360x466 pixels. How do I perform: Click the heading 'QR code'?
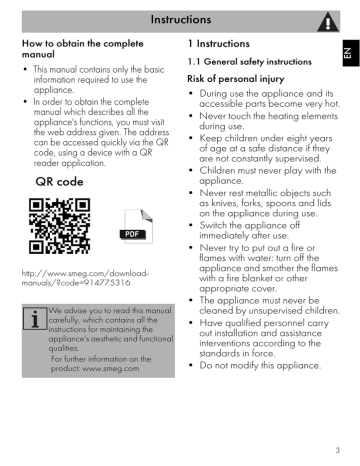(58, 183)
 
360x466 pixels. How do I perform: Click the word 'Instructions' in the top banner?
(180, 18)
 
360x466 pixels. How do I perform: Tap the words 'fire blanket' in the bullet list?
(253, 297)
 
